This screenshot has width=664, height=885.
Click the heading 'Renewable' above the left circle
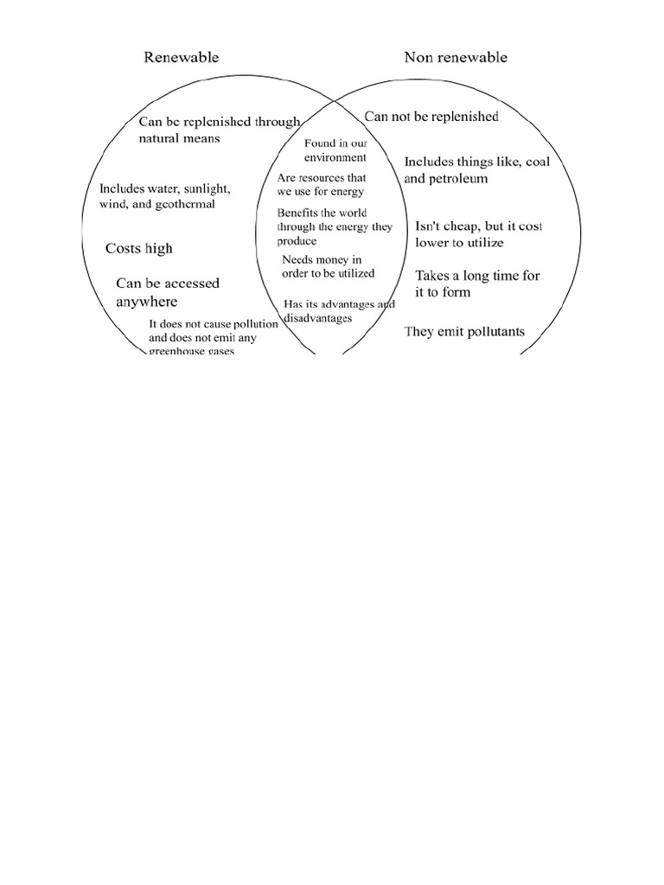pos(181,58)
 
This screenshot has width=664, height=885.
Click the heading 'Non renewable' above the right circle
pos(456,58)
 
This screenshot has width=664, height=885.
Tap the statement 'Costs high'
pos(139,249)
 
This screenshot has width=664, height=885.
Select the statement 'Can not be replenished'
pos(431,117)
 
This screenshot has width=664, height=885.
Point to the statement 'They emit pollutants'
pos(464,332)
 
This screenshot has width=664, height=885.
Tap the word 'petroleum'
pos(458,179)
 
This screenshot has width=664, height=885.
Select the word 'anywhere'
pos(147,302)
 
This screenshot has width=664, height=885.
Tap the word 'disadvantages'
pos(318,318)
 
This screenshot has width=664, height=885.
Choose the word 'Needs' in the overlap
pos(297,259)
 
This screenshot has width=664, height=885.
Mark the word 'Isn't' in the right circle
pos(430,226)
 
